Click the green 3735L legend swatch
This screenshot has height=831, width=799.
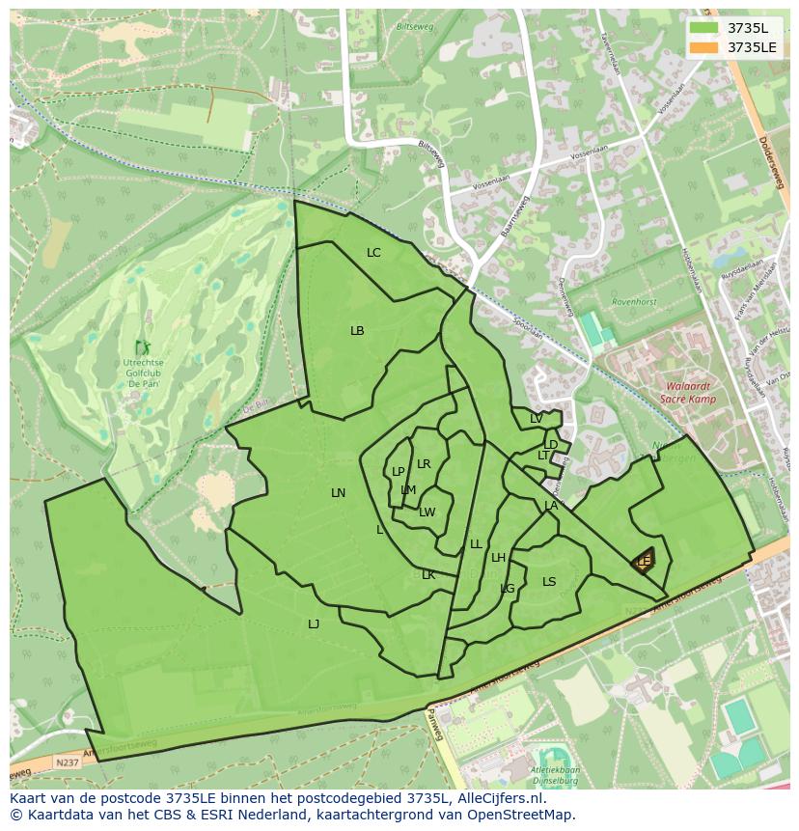tap(704, 27)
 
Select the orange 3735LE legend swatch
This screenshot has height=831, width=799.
tap(704, 46)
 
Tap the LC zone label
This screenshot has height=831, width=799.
tap(373, 253)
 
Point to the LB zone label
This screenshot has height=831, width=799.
tap(357, 331)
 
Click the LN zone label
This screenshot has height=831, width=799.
tap(338, 493)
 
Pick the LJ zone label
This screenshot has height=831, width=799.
tap(314, 624)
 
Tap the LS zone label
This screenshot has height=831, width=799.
tap(549, 582)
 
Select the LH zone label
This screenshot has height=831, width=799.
tap(498, 558)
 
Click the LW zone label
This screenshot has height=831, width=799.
tap(427, 512)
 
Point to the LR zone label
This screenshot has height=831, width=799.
tap(424, 464)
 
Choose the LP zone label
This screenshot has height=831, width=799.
tap(398, 472)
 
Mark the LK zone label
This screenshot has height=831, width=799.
tap(428, 575)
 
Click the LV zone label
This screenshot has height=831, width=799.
tap(537, 419)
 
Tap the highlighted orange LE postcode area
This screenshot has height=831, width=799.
tap(644, 560)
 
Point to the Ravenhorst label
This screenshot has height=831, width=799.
tap(633, 302)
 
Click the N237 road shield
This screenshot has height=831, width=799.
tap(68, 762)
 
